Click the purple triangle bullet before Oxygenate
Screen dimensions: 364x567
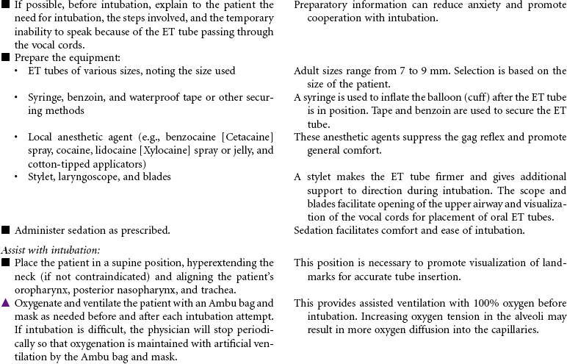[6, 303]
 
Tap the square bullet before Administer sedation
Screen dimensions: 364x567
[6, 230]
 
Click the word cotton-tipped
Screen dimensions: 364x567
[55, 164]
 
